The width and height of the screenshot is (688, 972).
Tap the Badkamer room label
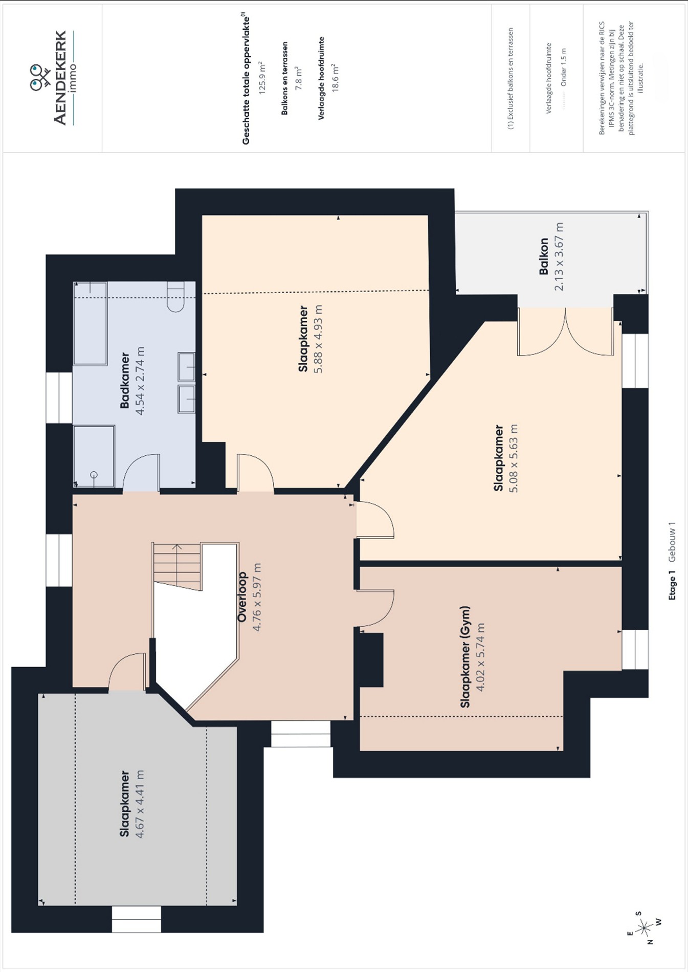point(125,380)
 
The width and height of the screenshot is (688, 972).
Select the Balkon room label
point(544,256)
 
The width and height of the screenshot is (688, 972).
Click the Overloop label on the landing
point(242,597)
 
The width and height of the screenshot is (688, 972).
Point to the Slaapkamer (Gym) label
point(465,657)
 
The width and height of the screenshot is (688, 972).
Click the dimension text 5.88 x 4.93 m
point(318,339)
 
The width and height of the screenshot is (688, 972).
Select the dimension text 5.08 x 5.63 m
point(514,458)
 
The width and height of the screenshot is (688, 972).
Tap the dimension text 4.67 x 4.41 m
point(139,804)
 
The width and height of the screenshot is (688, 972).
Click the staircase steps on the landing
point(176,567)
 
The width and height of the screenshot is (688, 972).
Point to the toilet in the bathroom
point(175,296)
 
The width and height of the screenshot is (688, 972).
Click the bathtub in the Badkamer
point(90,323)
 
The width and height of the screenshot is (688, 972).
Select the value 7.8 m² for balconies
point(299,78)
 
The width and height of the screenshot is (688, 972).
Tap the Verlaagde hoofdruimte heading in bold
point(321,78)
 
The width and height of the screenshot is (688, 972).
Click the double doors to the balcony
point(565,332)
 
